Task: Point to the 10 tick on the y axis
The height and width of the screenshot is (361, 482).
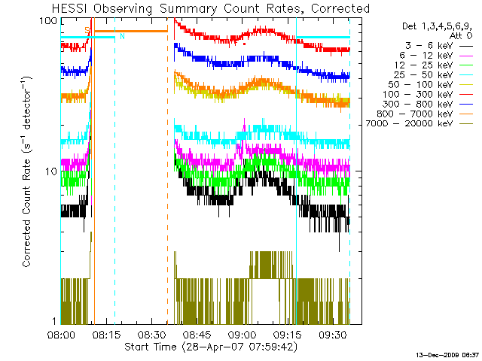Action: (x=51, y=171)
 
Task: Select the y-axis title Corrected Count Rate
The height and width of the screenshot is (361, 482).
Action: (x=27, y=171)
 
